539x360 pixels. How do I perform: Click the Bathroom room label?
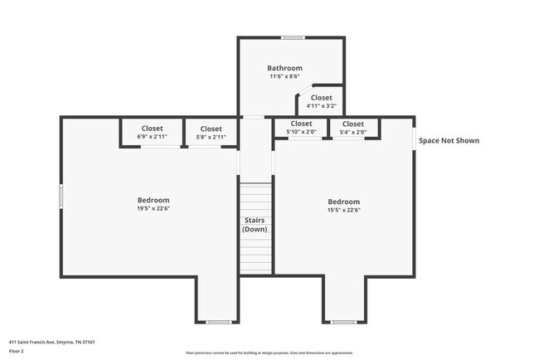point(284,68)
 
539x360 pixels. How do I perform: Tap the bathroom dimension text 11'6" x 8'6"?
point(284,76)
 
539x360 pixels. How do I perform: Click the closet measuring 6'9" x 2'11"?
point(152,132)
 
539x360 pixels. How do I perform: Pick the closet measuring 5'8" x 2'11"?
point(211,133)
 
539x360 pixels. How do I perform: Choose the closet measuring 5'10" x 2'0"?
point(301,127)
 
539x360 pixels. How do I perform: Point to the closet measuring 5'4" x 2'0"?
point(353,127)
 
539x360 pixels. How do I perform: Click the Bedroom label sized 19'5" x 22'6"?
point(153,200)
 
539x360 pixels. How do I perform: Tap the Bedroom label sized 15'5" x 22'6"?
point(343,202)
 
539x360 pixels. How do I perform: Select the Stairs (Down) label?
point(254,224)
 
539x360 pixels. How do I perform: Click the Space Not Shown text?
point(449,141)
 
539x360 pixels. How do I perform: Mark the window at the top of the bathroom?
point(292,37)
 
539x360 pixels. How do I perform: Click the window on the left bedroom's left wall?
point(61,196)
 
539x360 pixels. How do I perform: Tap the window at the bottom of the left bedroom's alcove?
point(219,322)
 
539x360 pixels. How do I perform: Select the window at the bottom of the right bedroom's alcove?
point(343,322)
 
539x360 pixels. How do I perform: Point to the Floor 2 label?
point(17,350)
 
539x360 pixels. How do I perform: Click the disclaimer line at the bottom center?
point(269,353)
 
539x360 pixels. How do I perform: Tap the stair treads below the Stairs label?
point(255,253)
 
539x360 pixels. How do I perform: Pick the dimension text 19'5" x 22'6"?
point(153,209)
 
